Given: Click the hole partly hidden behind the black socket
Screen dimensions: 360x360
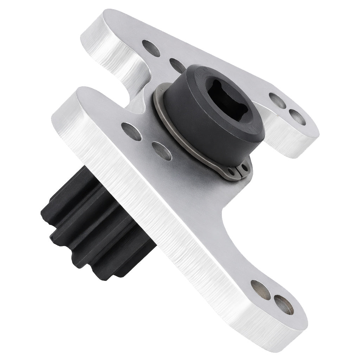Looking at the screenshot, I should pos(178,65).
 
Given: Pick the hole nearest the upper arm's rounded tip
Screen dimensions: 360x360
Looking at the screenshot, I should pos(152,48).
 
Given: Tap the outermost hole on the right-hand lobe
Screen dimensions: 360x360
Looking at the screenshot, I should pos(297,117).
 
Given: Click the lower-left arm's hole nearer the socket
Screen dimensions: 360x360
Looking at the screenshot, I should pos(162,151).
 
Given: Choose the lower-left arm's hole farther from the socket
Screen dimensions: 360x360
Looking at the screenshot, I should pos(131,131).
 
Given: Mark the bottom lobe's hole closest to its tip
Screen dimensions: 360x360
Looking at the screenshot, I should pos(283,304).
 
